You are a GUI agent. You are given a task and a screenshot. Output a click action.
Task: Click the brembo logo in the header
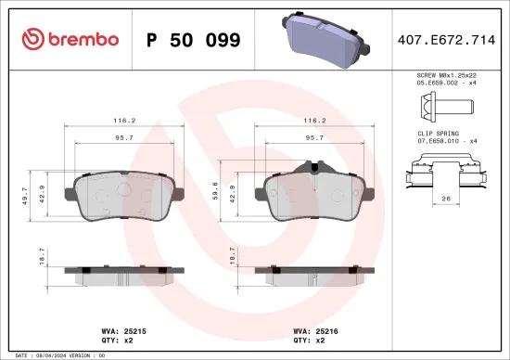(70, 39)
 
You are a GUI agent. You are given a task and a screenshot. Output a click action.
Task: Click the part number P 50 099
(194, 40)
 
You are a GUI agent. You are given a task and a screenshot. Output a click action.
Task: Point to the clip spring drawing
(447, 174)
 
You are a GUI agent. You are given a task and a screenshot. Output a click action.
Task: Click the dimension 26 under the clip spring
(446, 199)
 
